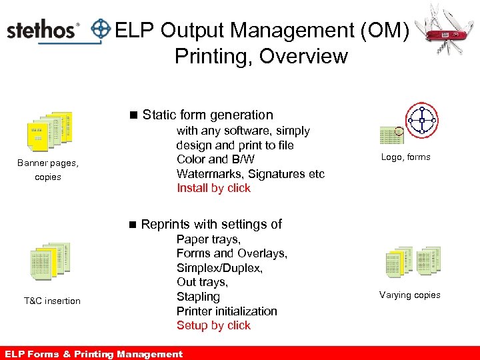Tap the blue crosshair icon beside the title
click(100, 29)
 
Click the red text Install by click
click(213, 188)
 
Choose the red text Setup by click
click(213, 325)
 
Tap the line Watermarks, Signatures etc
click(250, 174)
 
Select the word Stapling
click(198, 297)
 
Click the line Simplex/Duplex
click(219, 268)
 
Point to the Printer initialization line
click(227, 311)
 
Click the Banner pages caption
click(47, 163)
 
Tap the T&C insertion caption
click(52, 301)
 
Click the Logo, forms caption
click(405, 157)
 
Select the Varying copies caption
click(409, 295)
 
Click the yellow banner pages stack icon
click(49, 131)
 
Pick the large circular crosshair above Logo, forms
click(421, 121)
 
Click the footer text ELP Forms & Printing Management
click(93, 354)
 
